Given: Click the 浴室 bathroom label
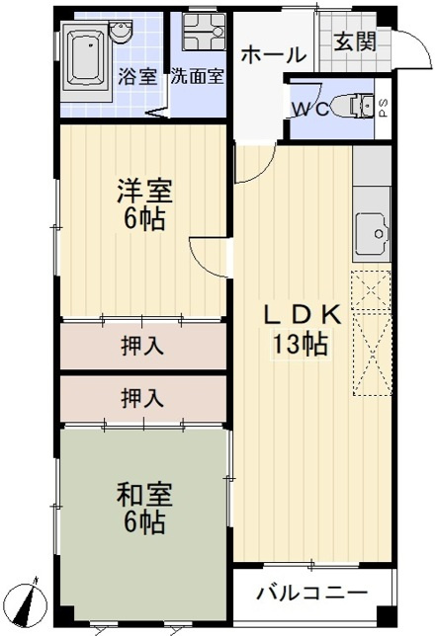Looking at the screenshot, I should click(137, 77).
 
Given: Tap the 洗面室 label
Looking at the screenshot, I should click(196, 77).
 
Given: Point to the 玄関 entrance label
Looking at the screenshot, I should click(354, 41).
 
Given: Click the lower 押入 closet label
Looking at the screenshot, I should click(142, 398).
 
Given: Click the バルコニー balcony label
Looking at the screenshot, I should click(312, 594).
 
